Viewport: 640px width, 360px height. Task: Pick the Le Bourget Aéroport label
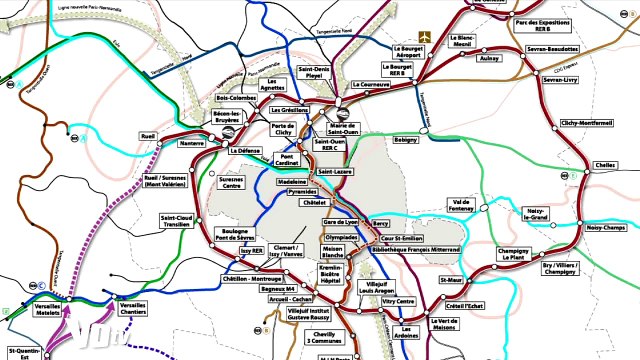tap(410, 50)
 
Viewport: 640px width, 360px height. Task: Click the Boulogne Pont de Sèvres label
tap(234, 235)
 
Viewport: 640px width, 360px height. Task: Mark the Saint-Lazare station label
tap(335, 172)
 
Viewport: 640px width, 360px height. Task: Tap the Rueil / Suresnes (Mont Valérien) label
tap(166, 182)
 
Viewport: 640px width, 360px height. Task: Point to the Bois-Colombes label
tap(237, 98)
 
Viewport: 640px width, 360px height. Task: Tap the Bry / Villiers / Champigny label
tap(561, 268)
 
